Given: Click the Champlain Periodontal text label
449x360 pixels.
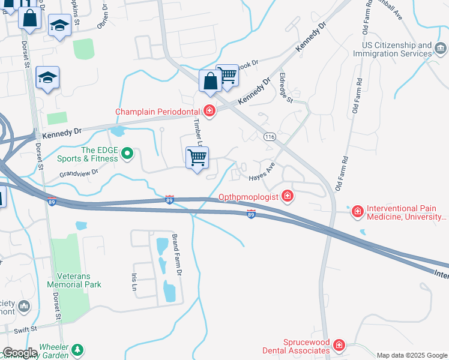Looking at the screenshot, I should click(158, 112).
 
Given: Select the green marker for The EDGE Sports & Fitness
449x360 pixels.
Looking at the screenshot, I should click(127, 154).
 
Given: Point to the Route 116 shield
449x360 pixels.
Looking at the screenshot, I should click(270, 137).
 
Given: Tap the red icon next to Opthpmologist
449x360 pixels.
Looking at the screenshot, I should click(288, 196).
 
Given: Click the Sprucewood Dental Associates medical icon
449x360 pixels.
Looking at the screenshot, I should click(339, 346).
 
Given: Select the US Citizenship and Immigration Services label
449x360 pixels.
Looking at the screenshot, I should click(397, 49).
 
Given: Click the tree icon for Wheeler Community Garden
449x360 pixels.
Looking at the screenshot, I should click(77, 349).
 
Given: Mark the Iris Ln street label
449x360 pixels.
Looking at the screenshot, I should click(133, 281).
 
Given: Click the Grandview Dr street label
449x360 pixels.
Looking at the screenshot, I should click(78, 174).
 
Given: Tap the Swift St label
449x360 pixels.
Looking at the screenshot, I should click(25, 329).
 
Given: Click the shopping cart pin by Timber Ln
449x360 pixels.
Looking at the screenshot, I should click(197, 158).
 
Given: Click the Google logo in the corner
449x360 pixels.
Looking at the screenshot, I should click(20, 353).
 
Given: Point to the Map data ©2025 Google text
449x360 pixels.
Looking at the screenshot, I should click(412, 355).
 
